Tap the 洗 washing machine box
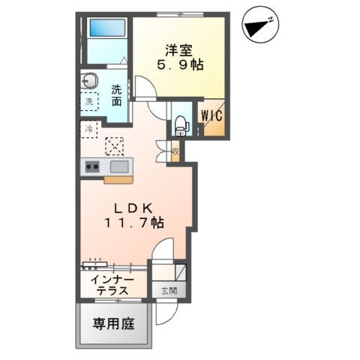click(x=90, y=101)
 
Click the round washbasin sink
click(x=90, y=80)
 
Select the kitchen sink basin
click(x=121, y=166)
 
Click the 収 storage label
click(x=174, y=152)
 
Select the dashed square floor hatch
click(x=115, y=145)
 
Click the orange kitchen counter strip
click(x=118, y=179)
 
